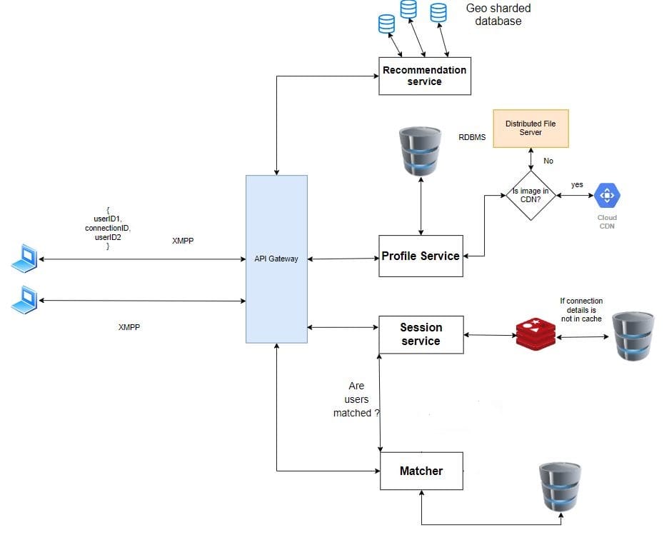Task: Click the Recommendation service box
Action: tap(424, 76)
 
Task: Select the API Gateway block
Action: tap(276, 258)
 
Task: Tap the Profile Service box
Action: tap(421, 256)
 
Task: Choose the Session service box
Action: tap(421, 334)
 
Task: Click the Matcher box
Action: tap(421, 471)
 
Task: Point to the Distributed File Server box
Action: tap(530, 129)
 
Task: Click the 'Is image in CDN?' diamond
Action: tap(530, 194)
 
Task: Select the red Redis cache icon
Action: tap(535, 334)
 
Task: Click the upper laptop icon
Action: tap(24, 258)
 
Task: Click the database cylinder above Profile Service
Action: tap(421, 151)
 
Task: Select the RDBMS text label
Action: tap(472, 136)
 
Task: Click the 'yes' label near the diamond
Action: tap(577, 185)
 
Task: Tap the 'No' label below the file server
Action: tap(548, 161)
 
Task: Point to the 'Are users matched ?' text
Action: tap(356, 399)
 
